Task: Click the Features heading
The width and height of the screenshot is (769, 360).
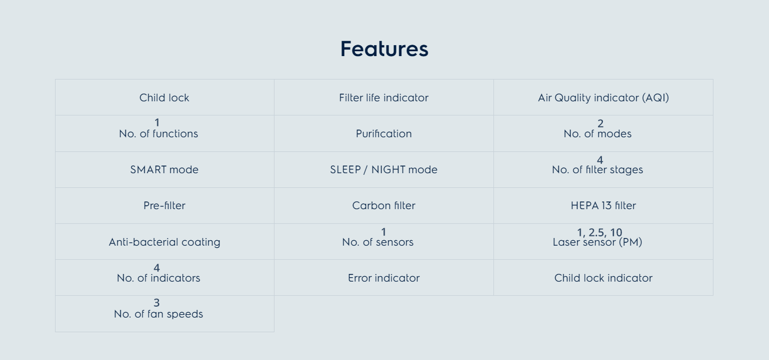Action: click(x=384, y=48)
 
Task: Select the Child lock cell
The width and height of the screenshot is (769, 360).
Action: click(x=164, y=97)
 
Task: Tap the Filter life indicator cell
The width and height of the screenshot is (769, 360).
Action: click(x=384, y=97)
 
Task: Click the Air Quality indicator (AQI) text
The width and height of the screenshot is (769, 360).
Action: click(x=603, y=98)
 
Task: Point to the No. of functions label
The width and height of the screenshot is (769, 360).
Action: click(x=158, y=133)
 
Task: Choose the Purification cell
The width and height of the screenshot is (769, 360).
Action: click(x=384, y=133)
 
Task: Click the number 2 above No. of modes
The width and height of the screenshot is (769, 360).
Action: click(x=600, y=123)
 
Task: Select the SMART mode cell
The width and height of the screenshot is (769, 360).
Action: click(x=164, y=169)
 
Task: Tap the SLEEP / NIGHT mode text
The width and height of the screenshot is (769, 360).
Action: click(x=384, y=169)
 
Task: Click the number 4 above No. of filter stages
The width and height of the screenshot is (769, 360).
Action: click(x=600, y=160)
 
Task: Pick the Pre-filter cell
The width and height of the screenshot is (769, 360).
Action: click(x=164, y=205)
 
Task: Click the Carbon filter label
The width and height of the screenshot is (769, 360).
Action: click(x=384, y=205)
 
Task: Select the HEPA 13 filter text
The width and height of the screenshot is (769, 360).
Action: click(x=603, y=205)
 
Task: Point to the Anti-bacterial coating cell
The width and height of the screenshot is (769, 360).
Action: click(x=164, y=242)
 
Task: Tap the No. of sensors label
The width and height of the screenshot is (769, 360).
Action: click(x=377, y=242)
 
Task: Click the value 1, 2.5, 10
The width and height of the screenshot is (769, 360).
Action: click(x=600, y=233)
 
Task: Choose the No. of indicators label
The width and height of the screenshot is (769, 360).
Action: click(x=158, y=278)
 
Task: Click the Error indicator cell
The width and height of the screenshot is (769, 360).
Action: click(x=384, y=278)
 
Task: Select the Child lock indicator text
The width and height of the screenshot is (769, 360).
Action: click(x=603, y=278)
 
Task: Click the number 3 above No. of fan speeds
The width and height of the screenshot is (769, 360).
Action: click(x=156, y=303)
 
